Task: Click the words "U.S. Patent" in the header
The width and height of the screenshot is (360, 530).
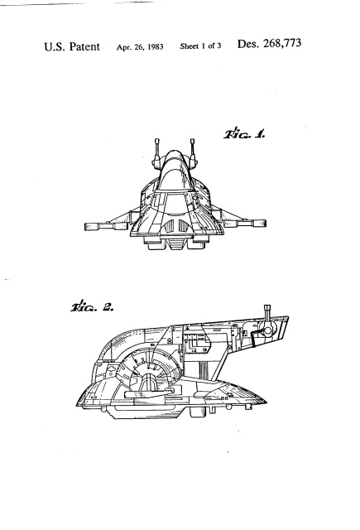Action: (x=72, y=46)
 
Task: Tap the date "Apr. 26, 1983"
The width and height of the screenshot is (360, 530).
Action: (x=140, y=47)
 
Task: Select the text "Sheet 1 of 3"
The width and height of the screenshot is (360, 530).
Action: (x=200, y=46)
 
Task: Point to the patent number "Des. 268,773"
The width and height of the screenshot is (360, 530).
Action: (x=269, y=44)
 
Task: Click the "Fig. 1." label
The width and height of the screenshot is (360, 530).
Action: (x=244, y=134)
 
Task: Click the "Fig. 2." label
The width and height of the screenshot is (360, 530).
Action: (x=92, y=306)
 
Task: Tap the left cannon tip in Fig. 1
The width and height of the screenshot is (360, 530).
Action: (x=156, y=141)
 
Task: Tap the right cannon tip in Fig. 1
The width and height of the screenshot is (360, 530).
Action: (x=193, y=141)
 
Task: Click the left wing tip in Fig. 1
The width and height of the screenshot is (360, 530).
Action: (x=85, y=226)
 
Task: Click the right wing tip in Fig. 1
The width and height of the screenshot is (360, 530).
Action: (x=265, y=224)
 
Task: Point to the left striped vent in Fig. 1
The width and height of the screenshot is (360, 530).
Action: (x=169, y=225)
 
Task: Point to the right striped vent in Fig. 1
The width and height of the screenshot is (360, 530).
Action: (x=183, y=225)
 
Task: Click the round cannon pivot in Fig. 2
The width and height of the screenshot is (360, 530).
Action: (x=268, y=330)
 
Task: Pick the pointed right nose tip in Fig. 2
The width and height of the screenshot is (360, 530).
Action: (x=266, y=402)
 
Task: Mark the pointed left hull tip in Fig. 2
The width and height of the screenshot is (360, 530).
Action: (x=77, y=405)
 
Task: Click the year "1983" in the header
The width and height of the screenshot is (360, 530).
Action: (x=156, y=47)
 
